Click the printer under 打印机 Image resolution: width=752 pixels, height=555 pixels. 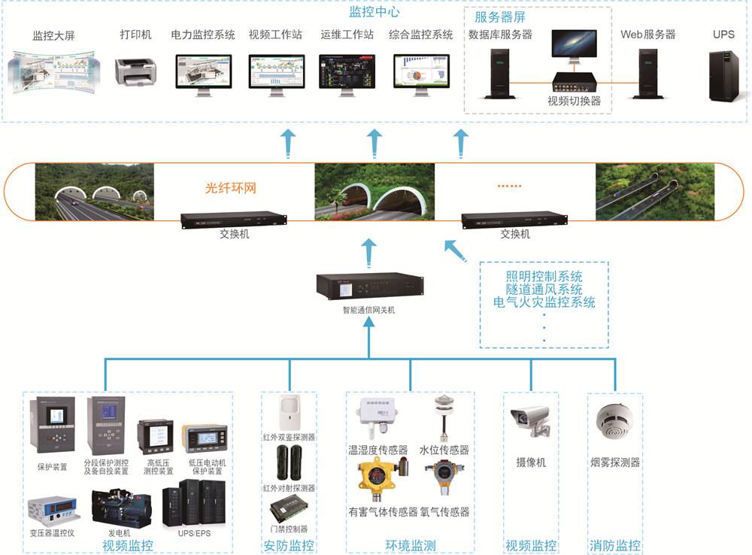136,71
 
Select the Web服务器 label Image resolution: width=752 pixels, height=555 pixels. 647,35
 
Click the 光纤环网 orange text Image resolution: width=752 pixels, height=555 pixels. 231,188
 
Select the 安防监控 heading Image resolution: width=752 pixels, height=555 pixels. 289,546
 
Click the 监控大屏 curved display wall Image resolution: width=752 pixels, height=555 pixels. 52,71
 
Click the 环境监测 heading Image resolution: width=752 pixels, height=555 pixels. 411,546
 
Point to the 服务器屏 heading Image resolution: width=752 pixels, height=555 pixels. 499,17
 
